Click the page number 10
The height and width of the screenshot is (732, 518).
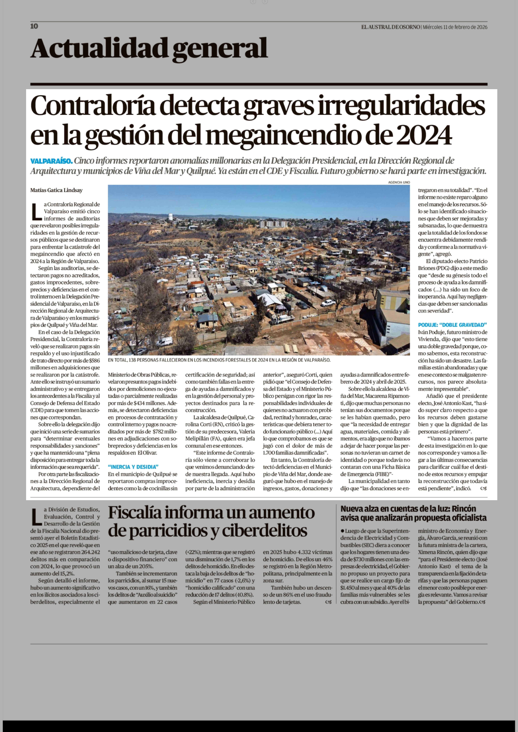click(34, 26)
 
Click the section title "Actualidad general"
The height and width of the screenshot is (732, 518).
click(149, 48)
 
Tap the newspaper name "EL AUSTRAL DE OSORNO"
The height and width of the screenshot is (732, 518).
click(390, 27)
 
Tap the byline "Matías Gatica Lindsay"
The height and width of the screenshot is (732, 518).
click(56, 190)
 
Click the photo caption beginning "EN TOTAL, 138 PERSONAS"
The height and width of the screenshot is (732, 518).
click(219, 360)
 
